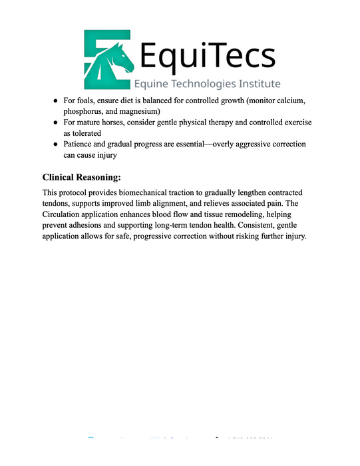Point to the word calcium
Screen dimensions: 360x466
[x=289, y=100]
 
